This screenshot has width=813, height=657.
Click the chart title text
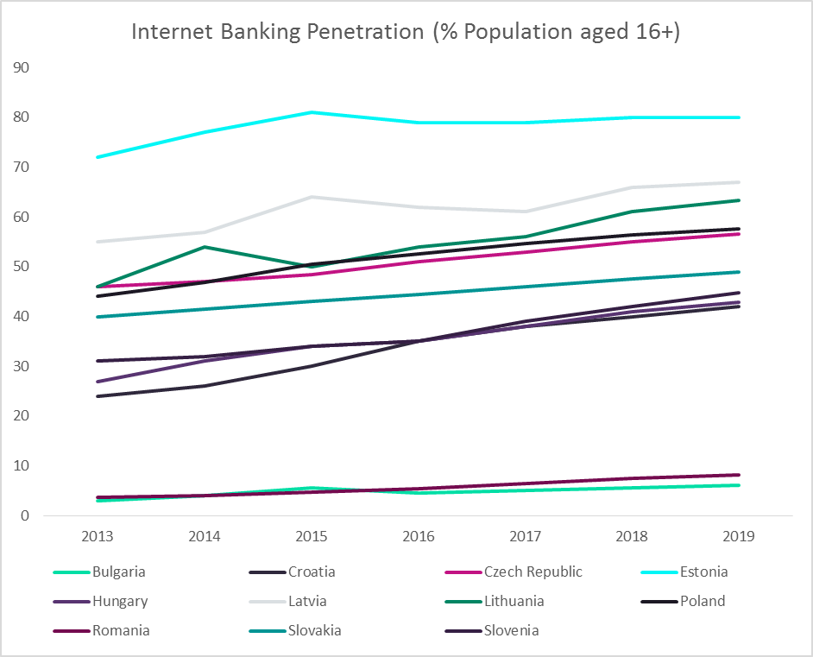coord(406,31)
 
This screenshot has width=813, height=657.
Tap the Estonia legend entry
coord(703,572)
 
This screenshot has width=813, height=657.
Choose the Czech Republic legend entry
coord(533,572)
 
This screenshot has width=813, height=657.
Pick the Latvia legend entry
coord(308,601)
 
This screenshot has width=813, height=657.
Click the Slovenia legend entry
coord(511,630)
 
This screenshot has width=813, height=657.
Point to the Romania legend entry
coord(120,630)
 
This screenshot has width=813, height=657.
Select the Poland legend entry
coord(702,601)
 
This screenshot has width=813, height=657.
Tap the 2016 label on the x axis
coord(419,536)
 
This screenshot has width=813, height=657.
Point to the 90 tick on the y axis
coord(22,67)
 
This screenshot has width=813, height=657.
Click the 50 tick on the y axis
coord(22,267)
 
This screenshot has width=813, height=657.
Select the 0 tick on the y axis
coord(27,516)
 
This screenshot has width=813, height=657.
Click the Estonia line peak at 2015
coord(312,112)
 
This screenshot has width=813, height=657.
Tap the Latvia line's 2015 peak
coord(312,197)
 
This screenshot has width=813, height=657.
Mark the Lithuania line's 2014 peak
coord(205,247)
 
